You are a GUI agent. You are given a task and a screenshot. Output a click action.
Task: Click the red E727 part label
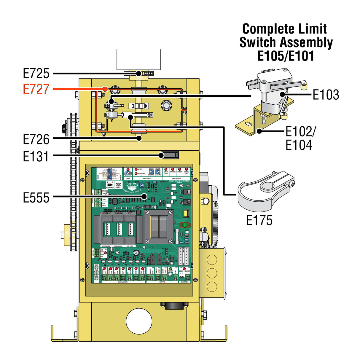(36, 89)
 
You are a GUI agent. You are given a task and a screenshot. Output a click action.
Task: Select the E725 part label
(36, 73)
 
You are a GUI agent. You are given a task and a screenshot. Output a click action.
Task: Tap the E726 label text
(36, 139)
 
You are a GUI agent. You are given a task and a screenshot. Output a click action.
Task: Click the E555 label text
(36, 197)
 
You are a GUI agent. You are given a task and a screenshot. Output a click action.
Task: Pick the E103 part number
(326, 95)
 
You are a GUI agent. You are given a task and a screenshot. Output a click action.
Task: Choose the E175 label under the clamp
(259, 220)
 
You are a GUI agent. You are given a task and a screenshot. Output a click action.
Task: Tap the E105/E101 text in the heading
(286, 56)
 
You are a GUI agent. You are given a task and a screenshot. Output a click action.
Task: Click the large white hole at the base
(139, 321)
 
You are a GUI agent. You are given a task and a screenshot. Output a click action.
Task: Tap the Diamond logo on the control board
(132, 186)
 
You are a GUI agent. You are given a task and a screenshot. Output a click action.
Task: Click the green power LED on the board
(171, 268)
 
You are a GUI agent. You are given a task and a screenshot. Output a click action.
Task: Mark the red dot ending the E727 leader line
(105, 89)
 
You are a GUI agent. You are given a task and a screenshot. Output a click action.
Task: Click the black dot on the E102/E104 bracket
(259, 131)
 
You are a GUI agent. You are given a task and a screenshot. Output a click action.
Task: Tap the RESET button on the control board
(118, 184)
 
